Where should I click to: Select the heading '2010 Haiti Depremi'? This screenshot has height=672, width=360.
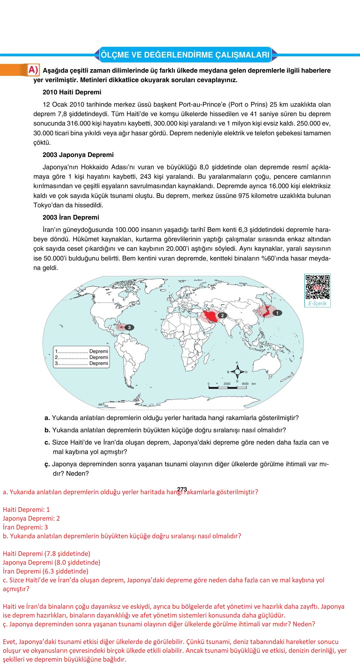(x=72, y=92)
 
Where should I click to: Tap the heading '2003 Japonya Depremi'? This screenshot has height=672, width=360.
(x=78, y=155)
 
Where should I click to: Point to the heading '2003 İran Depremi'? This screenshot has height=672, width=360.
(x=70, y=217)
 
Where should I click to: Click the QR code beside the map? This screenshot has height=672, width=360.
(x=317, y=287)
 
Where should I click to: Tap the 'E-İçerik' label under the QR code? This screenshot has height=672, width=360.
(x=317, y=304)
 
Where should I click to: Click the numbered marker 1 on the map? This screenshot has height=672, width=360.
(x=277, y=313)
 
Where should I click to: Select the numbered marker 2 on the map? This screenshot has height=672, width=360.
(x=222, y=315)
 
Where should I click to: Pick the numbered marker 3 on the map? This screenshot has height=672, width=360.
(x=129, y=328)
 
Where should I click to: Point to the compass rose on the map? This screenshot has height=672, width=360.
(x=237, y=372)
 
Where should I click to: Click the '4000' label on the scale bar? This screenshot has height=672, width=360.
(x=245, y=384)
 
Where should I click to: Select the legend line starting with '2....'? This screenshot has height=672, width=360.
(x=82, y=357)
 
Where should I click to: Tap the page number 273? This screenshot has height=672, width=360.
(x=182, y=489)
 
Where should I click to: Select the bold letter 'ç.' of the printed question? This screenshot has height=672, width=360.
(x=48, y=464)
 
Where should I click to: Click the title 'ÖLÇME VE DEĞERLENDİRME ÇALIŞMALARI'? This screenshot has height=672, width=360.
(x=185, y=55)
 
